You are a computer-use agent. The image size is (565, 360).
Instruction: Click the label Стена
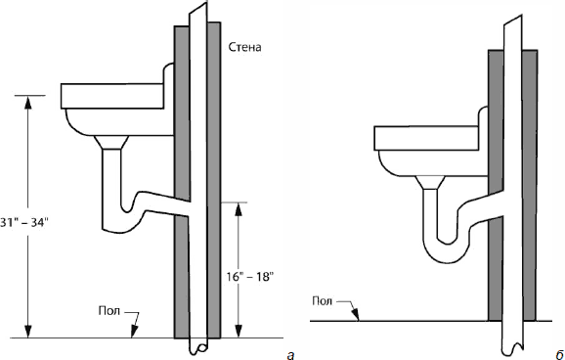pyautogui.click(x=245, y=47)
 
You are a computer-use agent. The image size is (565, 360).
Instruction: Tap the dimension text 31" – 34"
pyautogui.click(x=23, y=223)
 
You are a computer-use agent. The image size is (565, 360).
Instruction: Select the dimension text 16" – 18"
pyautogui.click(x=250, y=277)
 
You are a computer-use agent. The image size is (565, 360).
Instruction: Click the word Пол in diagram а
pyautogui.click(x=109, y=310)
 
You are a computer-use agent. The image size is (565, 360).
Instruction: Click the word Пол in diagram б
pyautogui.click(x=323, y=301)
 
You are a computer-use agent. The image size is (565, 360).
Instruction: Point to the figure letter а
pyautogui.click(x=290, y=356)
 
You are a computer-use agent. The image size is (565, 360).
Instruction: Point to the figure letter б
pyautogui.click(x=559, y=354)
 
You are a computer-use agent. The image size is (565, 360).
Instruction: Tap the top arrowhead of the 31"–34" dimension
pyautogui.click(x=28, y=103)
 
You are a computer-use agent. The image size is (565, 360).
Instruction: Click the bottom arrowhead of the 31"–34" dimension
pyautogui.click(x=28, y=332)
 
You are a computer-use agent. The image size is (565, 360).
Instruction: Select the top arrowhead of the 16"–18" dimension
pyautogui.click(x=238, y=209)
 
